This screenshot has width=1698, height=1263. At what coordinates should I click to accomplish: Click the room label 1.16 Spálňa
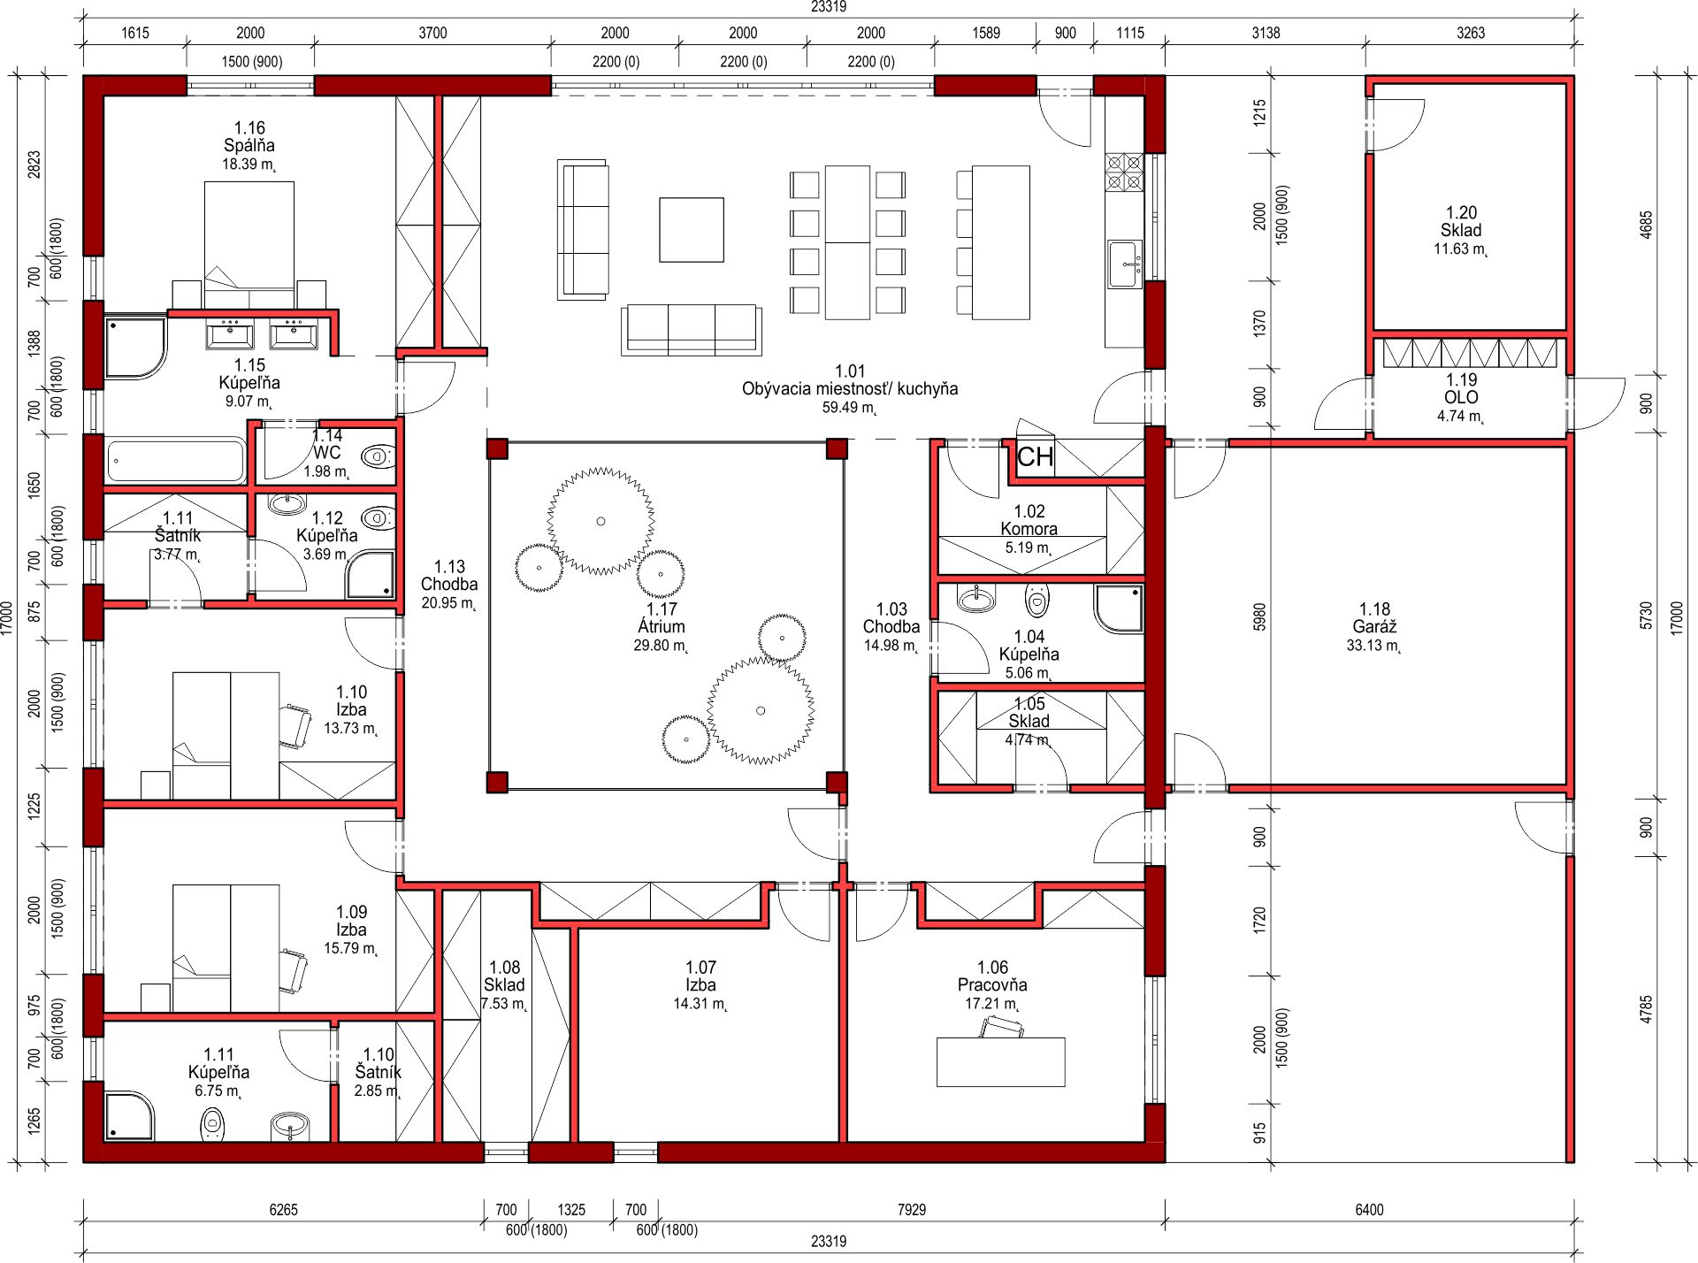click(249, 137)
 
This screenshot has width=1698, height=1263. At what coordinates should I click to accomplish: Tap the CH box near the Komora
click(1036, 457)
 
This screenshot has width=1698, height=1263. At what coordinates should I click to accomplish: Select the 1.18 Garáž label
click(1374, 618)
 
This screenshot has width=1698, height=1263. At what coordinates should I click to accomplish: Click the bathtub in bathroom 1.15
click(175, 460)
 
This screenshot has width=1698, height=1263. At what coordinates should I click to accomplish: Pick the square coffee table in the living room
click(692, 230)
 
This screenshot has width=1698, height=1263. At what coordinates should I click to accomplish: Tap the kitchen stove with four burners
click(1124, 172)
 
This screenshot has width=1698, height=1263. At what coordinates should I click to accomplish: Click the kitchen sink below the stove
click(1125, 264)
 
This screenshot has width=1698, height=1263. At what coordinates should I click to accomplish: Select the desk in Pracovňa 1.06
click(1000, 1061)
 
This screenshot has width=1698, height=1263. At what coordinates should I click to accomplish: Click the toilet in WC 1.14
click(378, 457)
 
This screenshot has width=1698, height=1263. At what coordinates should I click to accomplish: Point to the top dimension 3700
click(432, 33)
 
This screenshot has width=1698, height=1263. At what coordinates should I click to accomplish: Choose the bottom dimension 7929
click(912, 1209)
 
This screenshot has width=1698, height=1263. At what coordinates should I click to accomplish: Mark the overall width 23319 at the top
click(829, 7)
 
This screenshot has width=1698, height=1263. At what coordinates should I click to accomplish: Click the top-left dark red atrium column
click(497, 448)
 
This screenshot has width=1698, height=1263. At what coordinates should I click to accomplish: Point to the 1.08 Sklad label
click(504, 976)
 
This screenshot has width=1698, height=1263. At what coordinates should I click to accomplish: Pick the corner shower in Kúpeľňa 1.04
click(1119, 609)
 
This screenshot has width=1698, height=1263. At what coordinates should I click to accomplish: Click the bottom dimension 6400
click(1369, 1209)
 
